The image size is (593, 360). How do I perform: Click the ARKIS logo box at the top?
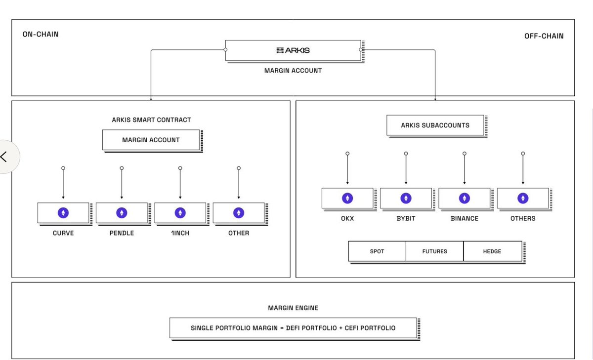[293, 50]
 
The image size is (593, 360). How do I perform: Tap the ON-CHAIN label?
[41, 35]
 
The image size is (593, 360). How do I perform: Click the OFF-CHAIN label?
[544, 36]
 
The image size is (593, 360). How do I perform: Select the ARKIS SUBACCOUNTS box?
[435, 125]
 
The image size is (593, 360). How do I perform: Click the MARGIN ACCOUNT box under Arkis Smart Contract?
[151, 140]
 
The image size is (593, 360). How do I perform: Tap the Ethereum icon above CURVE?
[63, 213]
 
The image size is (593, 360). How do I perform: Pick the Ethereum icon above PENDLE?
[122, 213]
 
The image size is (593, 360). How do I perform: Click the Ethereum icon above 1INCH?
[180, 213]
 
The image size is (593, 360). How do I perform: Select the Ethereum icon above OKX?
[347, 198]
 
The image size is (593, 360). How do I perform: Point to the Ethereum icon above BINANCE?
[464, 198]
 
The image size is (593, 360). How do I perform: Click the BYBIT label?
[406, 218]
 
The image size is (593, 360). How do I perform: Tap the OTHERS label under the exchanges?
[523, 218]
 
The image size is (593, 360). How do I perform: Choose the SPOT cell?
[377, 251]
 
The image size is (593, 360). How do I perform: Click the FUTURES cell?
[435, 251]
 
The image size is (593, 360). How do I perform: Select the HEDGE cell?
[492, 251]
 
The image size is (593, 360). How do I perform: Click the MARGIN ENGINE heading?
[293, 308]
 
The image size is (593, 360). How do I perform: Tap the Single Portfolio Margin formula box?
[293, 328]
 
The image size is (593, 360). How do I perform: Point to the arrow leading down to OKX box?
[347, 170]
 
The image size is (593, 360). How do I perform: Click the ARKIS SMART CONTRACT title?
[151, 120]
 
